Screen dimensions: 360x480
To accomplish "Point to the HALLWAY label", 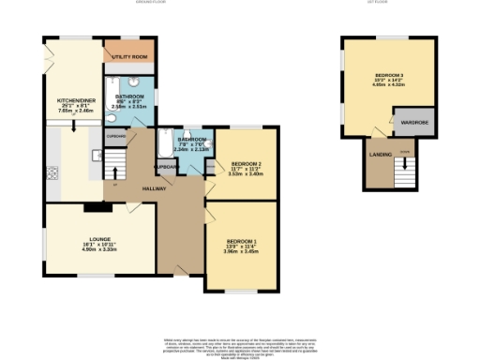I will point(155,189).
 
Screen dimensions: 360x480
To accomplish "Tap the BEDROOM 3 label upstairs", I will point(389,74).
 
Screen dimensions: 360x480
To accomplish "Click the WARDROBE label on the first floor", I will point(414,123).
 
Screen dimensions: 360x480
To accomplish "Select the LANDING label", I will point(381,154).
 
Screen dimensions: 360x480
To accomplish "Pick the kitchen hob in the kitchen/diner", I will point(53,172).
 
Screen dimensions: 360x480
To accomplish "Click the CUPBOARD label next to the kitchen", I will point(115,137).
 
